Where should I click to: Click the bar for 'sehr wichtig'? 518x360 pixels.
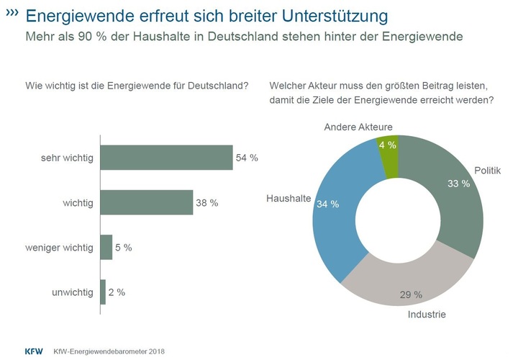pyautogui.click(x=166, y=158)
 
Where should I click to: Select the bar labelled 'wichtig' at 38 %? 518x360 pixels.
pyautogui.click(x=146, y=203)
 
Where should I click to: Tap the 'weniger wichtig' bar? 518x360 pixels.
pyautogui.click(x=106, y=248)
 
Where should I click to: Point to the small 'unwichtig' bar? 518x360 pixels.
pyautogui.click(x=103, y=292)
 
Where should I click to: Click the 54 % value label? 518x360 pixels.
pyautogui.click(x=247, y=158)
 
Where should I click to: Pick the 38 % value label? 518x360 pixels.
pyautogui.click(x=207, y=203)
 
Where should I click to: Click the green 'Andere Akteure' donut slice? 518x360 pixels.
pyautogui.click(x=388, y=147)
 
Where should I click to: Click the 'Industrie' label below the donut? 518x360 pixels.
pyautogui.click(x=427, y=315)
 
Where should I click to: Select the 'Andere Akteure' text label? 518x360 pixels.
pyautogui.click(x=358, y=127)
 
